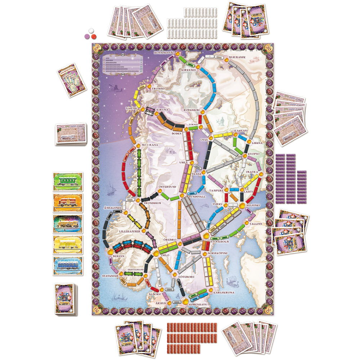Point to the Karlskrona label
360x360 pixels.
click(x=224, y=293)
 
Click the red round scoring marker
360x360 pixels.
click(x=94, y=36)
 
